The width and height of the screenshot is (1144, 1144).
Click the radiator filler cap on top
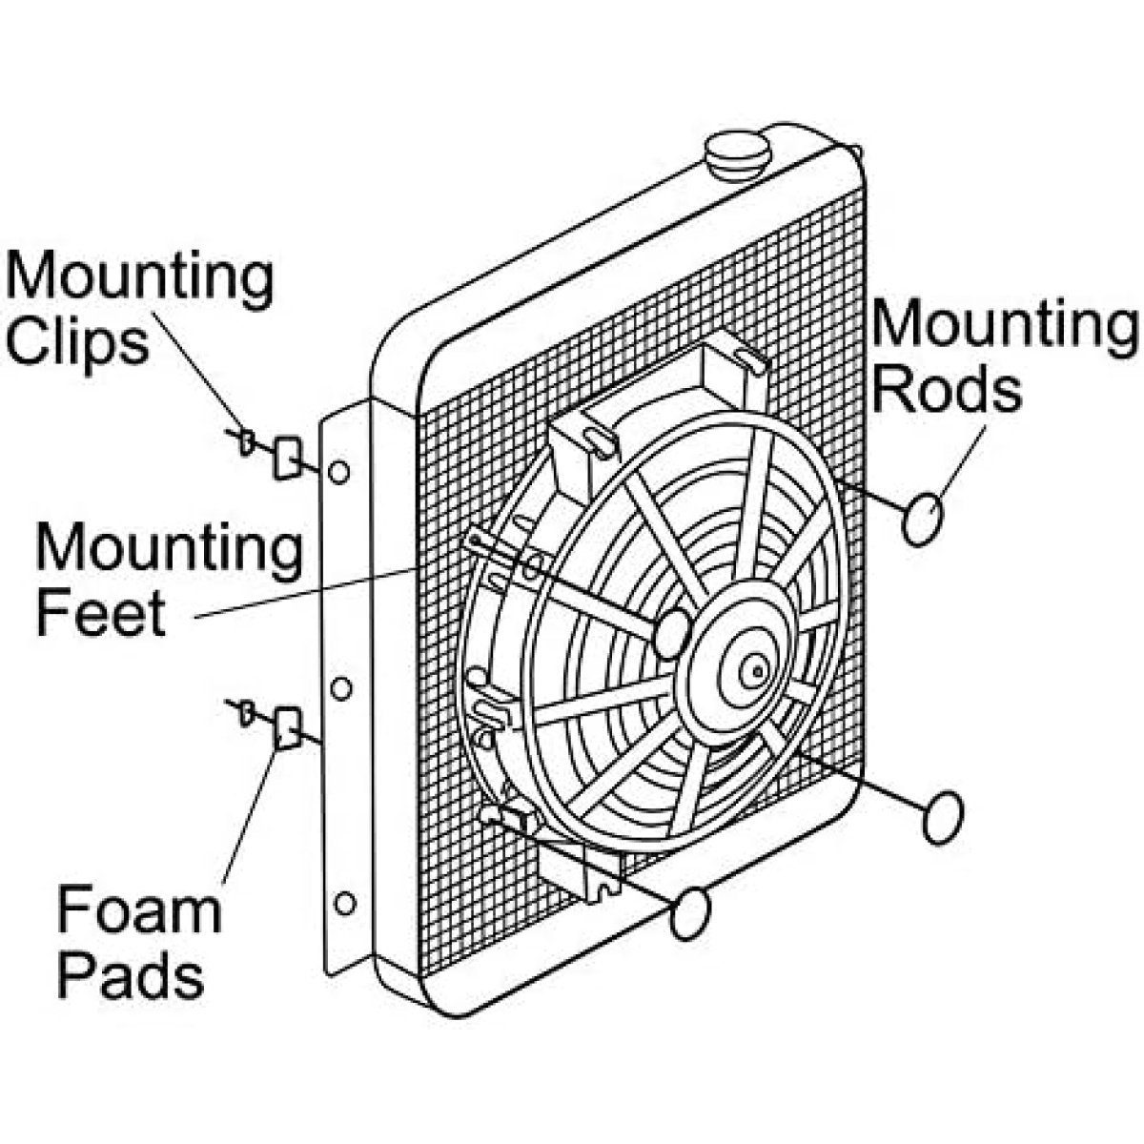(x=737, y=156)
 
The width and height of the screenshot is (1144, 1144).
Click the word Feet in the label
(x=101, y=611)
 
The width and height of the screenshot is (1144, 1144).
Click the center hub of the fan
(x=756, y=671)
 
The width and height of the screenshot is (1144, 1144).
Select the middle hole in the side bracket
(x=340, y=688)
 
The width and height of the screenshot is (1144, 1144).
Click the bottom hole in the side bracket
(x=345, y=904)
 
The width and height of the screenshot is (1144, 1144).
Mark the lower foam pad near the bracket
(x=289, y=727)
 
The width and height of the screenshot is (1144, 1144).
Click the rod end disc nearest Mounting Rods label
(x=921, y=521)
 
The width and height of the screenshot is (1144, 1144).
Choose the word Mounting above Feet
(x=170, y=550)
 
